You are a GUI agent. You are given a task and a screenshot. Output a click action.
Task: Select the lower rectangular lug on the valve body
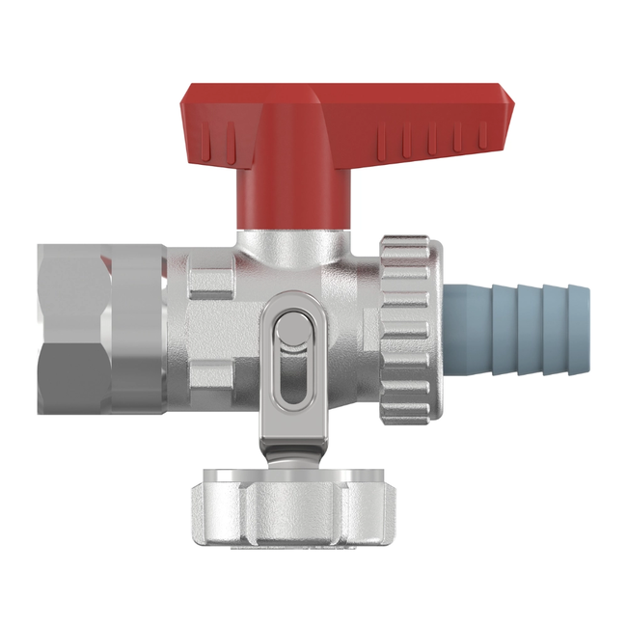point(211,375)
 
